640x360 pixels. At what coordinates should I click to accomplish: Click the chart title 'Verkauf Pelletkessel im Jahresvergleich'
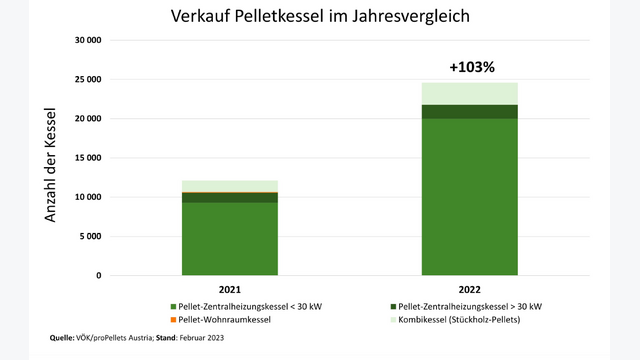click(x=320, y=16)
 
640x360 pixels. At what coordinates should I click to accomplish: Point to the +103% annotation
click(x=472, y=67)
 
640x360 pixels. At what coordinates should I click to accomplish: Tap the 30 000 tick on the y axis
click(x=88, y=40)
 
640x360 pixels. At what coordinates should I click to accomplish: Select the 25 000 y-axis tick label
click(x=88, y=79)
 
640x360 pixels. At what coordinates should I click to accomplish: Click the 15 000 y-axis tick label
click(x=88, y=158)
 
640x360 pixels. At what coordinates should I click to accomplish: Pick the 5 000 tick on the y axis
click(x=90, y=236)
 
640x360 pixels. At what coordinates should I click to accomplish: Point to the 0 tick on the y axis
click(x=99, y=276)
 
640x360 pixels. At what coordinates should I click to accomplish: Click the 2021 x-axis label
click(x=230, y=289)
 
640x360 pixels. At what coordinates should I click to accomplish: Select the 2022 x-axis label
click(x=469, y=289)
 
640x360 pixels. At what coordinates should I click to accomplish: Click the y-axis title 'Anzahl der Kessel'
click(x=50, y=165)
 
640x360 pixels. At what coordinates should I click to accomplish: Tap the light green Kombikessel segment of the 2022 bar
click(x=469, y=94)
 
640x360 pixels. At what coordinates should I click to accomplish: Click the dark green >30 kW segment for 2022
click(x=469, y=112)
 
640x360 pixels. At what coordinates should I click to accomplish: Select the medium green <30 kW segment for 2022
click(x=469, y=197)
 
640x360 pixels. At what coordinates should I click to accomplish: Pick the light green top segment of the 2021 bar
click(x=230, y=186)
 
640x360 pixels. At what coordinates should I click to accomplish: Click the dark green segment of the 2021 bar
click(x=230, y=198)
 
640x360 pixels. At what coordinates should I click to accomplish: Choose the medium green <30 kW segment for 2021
click(x=230, y=239)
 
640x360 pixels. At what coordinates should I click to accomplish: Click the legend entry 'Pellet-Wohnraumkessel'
click(x=221, y=320)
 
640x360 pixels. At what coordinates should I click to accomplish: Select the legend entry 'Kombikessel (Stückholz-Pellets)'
click(x=456, y=320)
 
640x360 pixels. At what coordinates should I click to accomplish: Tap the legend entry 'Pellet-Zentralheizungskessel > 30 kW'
click(x=466, y=307)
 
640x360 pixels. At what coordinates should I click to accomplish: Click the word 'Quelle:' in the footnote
click(x=62, y=338)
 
